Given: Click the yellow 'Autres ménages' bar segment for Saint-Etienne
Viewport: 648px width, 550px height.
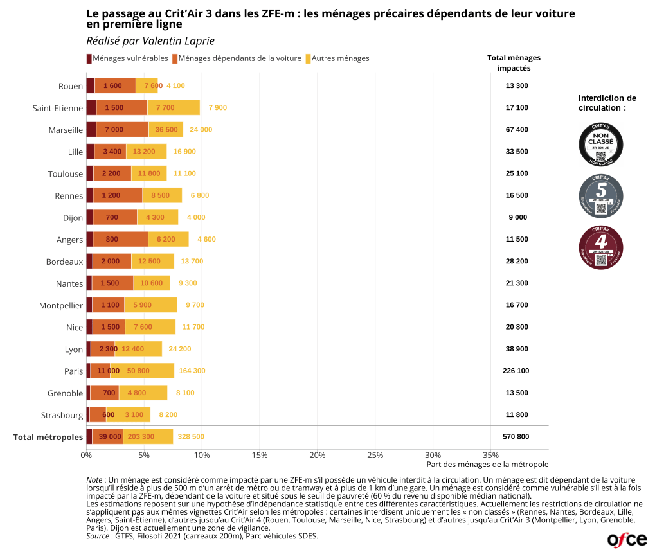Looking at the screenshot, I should pyautogui.click(x=174, y=108).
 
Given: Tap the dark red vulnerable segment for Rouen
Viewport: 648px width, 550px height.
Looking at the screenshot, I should pyautogui.click(x=91, y=86).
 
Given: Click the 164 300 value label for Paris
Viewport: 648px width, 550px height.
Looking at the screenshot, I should pyautogui.click(x=192, y=371).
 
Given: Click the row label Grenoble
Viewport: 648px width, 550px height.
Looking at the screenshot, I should pyautogui.click(x=66, y=393).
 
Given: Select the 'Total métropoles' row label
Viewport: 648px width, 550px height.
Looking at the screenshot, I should pyautogui.click(x=48, y=437).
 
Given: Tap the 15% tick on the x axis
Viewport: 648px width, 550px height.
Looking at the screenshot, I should pyautogui.click(x=259, y=456).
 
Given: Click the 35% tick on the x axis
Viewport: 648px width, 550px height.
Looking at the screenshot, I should pyautogui.click(x=491, y=456).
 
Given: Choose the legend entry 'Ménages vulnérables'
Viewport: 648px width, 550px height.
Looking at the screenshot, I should pyautogui.click(x=127, y=58).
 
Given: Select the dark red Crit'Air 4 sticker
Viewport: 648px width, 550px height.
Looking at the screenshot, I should pyautogui.click(x=601, y=247).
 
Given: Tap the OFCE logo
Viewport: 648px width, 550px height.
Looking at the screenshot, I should pyautogui.click(x=626, y=538).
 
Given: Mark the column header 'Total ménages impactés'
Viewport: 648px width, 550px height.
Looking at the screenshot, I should pyautogui.click(x=514, y=63).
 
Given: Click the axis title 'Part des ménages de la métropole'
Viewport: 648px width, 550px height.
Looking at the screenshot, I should pyautogui.click(x=487, y=465).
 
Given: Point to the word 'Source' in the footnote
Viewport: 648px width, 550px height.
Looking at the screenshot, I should pyautogui.click(x=97, y=535).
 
